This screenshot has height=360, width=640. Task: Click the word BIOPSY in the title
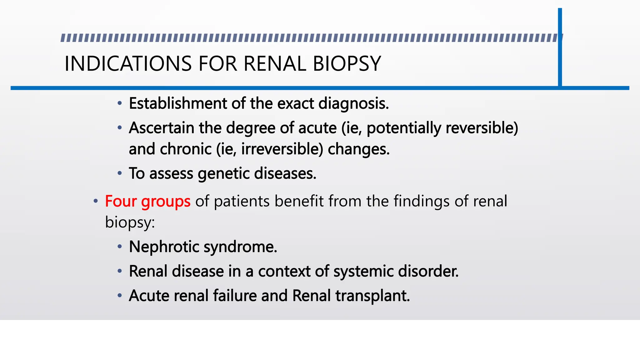coord(347,64)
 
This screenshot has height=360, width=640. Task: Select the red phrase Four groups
coord(147,201)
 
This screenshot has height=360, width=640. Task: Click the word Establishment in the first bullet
coord(178,103)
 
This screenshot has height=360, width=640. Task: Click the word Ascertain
coord(161,128)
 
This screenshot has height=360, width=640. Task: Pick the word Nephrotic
coord(164,247)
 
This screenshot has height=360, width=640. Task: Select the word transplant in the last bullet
coord(372,296)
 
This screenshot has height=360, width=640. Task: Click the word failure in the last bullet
coord(235,296)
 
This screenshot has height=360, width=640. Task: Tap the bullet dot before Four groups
coord(96,201)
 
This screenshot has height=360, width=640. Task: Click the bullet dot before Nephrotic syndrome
coord(120,247)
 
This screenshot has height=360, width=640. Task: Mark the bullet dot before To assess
coord(120,173)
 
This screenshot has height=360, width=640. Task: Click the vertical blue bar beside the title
coord(560,47)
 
